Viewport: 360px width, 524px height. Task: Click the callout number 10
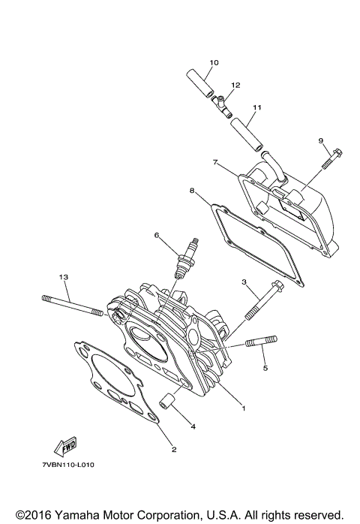tap(214, 62)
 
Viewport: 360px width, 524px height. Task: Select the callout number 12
tap(235, 86)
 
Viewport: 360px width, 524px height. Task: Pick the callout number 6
tap(157, 235)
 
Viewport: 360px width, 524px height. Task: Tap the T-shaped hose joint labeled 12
tap(221, 101)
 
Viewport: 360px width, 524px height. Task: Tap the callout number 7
tap(215, 162)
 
